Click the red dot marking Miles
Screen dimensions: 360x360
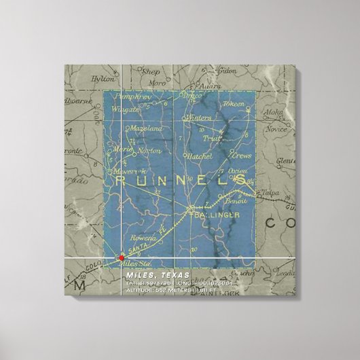[x=122, y=257]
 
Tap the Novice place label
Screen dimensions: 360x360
[x=276, y=129]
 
